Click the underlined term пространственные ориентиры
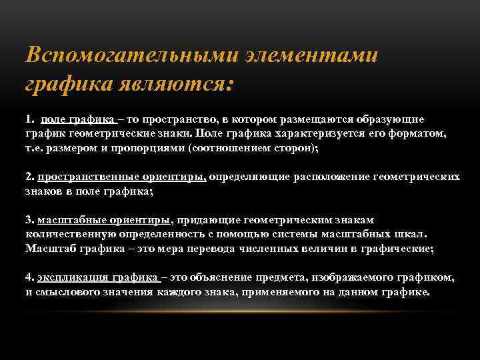(122, 177)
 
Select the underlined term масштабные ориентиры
(104, 219)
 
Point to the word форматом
(421, 134)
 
